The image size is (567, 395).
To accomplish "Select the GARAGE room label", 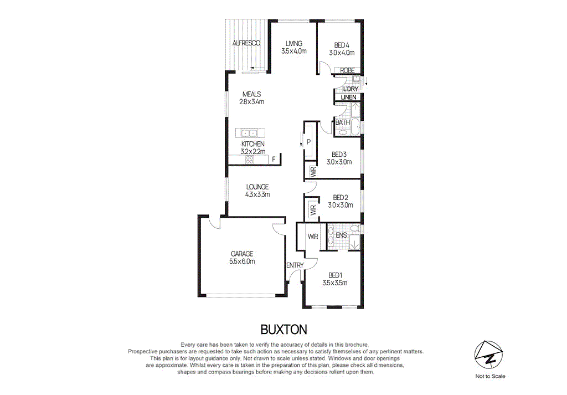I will (242, 254).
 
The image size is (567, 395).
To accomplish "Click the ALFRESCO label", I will (246, 43).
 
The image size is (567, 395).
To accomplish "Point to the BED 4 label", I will (342, 45).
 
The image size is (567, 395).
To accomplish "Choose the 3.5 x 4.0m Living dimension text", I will (293, 52).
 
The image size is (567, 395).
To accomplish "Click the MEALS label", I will (251, 94).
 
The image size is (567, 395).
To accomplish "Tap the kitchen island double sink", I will (250, 133).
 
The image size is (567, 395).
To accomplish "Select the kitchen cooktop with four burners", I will (249, 160).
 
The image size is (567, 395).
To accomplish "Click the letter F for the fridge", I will (273, 160).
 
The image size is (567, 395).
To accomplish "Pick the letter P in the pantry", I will (308, 142).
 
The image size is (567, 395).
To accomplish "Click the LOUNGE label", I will (257, 187).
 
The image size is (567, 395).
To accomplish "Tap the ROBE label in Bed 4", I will (348, 70).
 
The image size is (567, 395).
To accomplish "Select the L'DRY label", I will (350, 89).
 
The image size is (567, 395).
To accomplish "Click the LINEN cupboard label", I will (348, 98).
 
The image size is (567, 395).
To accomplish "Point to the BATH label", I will (342, 122).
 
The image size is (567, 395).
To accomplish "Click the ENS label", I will (342, 235).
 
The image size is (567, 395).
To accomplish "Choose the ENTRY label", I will (295, 265).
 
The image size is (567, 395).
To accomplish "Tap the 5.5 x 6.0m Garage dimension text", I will (242, 261).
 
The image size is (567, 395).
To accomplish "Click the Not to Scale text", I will (490, 376).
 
